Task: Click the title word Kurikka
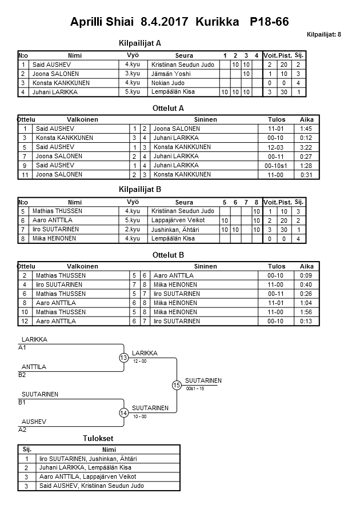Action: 219,22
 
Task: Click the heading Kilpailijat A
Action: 140,43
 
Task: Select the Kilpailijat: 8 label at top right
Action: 323,35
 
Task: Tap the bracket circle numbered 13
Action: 124,358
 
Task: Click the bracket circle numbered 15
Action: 177,385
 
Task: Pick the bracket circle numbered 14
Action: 124,412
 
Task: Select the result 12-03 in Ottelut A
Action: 277,147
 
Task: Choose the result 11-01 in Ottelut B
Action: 277,303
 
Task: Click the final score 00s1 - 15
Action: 195,389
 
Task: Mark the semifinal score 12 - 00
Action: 139,362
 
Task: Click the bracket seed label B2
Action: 22,375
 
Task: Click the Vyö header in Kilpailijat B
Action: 133,202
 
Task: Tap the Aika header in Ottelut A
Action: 307,119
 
